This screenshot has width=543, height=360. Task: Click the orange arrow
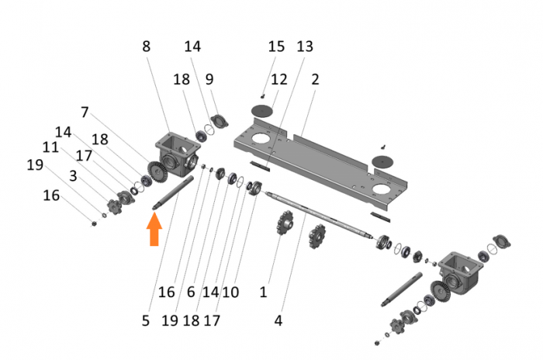pos(154,230)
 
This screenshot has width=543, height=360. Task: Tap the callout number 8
pos(147,46)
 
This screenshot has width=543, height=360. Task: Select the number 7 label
pos(85,111)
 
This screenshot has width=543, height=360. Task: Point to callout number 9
pos(209,79)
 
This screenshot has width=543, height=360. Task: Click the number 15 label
pos(276,47)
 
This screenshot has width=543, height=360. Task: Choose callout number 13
pos(305,47)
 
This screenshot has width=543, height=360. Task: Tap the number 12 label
pos(279,79)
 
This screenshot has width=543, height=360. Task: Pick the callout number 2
pos(316,79)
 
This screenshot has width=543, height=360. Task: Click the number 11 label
pos(51,146)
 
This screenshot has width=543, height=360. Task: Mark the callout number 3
pos(72,176)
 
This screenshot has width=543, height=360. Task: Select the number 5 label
pos(146,318)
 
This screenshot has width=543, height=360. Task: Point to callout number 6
pos(190,292)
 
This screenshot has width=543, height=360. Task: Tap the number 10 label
pos(231,292)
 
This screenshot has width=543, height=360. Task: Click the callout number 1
pos(263,292)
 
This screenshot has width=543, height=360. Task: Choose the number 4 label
pos(277,318)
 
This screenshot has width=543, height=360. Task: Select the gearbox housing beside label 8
pos(175,147)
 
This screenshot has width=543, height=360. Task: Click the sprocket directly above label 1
pos(283,226)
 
